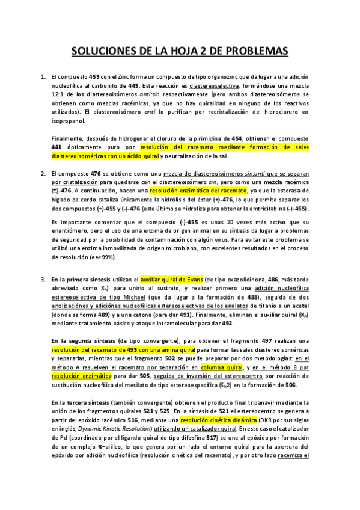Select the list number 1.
pyautogui.click(x=43, y=77)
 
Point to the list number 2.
pyautogui.click(x=43, y=174)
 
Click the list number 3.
pyautogui.click(x=43, y=280)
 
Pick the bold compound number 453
pyautogui.click(x=94, y=77)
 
